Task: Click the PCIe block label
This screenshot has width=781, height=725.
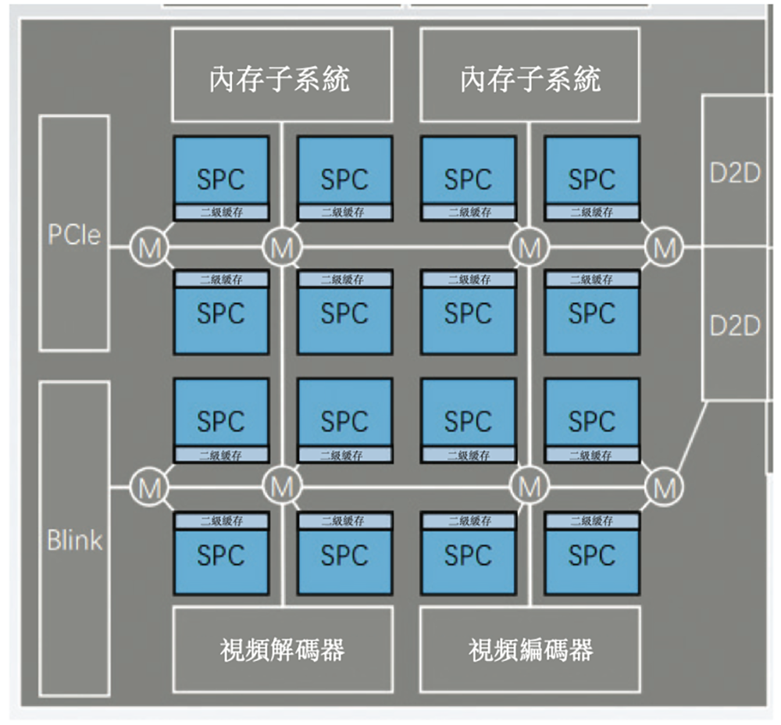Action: click(74, 235)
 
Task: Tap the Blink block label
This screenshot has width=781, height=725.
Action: click(74, 540)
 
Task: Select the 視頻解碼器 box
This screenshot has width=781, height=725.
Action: click(282, 649)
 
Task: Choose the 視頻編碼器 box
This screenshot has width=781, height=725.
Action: click(530, 649)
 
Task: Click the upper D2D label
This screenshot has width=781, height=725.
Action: click(734, 173)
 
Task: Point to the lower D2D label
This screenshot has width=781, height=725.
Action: click(734, 326)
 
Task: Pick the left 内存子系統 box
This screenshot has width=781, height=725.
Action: click(282, 75)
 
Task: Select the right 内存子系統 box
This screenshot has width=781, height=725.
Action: click(530, 75)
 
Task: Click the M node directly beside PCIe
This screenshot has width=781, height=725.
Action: click(147, 248)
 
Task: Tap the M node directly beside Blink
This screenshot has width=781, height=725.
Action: click(147, 487)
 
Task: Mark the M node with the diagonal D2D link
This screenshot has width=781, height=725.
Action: click(665, 487)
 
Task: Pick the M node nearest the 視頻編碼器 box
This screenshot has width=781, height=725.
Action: click(530, 487)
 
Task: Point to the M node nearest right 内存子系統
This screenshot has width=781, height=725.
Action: click(530, 248)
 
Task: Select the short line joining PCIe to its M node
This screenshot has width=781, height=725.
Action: click(120, 248)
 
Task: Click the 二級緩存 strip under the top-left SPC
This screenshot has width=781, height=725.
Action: click(221, 212)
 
